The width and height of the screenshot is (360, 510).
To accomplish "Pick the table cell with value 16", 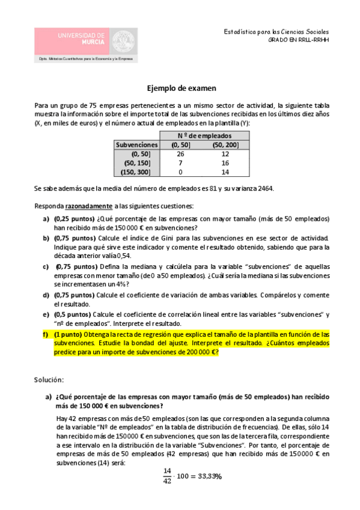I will (225, 162).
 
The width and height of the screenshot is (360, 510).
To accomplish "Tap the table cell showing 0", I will (180, 171).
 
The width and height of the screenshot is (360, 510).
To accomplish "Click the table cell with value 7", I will (180, 162).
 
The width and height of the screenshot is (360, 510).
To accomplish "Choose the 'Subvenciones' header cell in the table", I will (137, 144).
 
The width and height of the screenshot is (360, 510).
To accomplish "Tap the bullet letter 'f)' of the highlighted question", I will (46, 334).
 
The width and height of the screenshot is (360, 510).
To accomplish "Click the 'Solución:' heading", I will (50, 380).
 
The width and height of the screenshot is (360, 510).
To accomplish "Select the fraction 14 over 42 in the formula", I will (167, 475).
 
